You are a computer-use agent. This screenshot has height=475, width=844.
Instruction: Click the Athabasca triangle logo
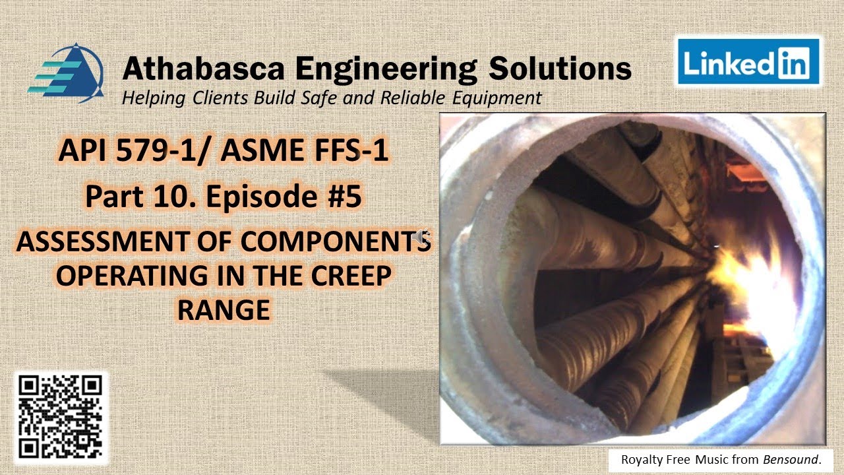click(66, 72)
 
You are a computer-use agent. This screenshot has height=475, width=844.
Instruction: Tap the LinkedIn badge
click(746, 63)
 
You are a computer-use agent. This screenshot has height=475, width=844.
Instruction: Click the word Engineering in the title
click(385, 69)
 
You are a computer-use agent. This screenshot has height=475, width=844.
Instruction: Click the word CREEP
click(346, 276)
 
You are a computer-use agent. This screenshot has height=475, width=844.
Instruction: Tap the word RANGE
click(224, 309)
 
